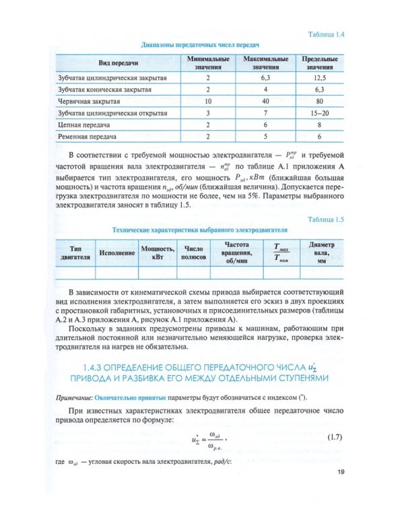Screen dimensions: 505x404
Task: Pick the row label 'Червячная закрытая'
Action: coord(89,101)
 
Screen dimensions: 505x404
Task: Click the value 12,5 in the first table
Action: coord(319,77)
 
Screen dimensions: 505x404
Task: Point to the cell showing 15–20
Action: coord(319,113)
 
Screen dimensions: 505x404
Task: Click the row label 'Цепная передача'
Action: coord(83,125)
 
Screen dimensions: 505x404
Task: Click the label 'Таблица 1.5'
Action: coord(325,220)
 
